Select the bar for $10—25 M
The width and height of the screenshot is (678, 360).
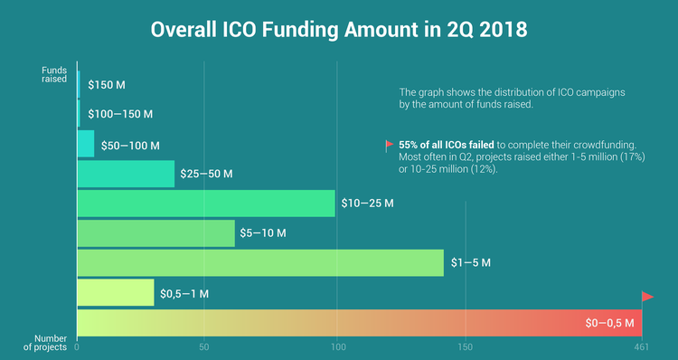click(206, 204)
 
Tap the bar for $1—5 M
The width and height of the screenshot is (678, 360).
click(260, 262)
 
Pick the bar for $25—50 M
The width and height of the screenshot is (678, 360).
click(126, 174)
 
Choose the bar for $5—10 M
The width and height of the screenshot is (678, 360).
click(155, 233)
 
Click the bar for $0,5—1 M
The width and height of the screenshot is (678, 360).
click(116, 292)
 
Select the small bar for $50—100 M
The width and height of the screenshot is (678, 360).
click(86, 144)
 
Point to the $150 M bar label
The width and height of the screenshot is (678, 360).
click(106, 85)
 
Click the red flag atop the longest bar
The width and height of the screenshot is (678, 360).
click(647, 297)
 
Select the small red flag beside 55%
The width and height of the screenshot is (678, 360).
click(390, 145)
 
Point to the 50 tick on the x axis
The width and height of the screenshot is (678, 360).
click(204, 346)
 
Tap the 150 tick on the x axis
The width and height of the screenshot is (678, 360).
click(466, 346)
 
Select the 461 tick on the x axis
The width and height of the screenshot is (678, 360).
click(642, 346)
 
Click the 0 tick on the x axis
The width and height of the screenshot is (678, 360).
click(78, 346)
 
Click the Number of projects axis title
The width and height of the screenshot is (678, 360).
click(44, 343)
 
